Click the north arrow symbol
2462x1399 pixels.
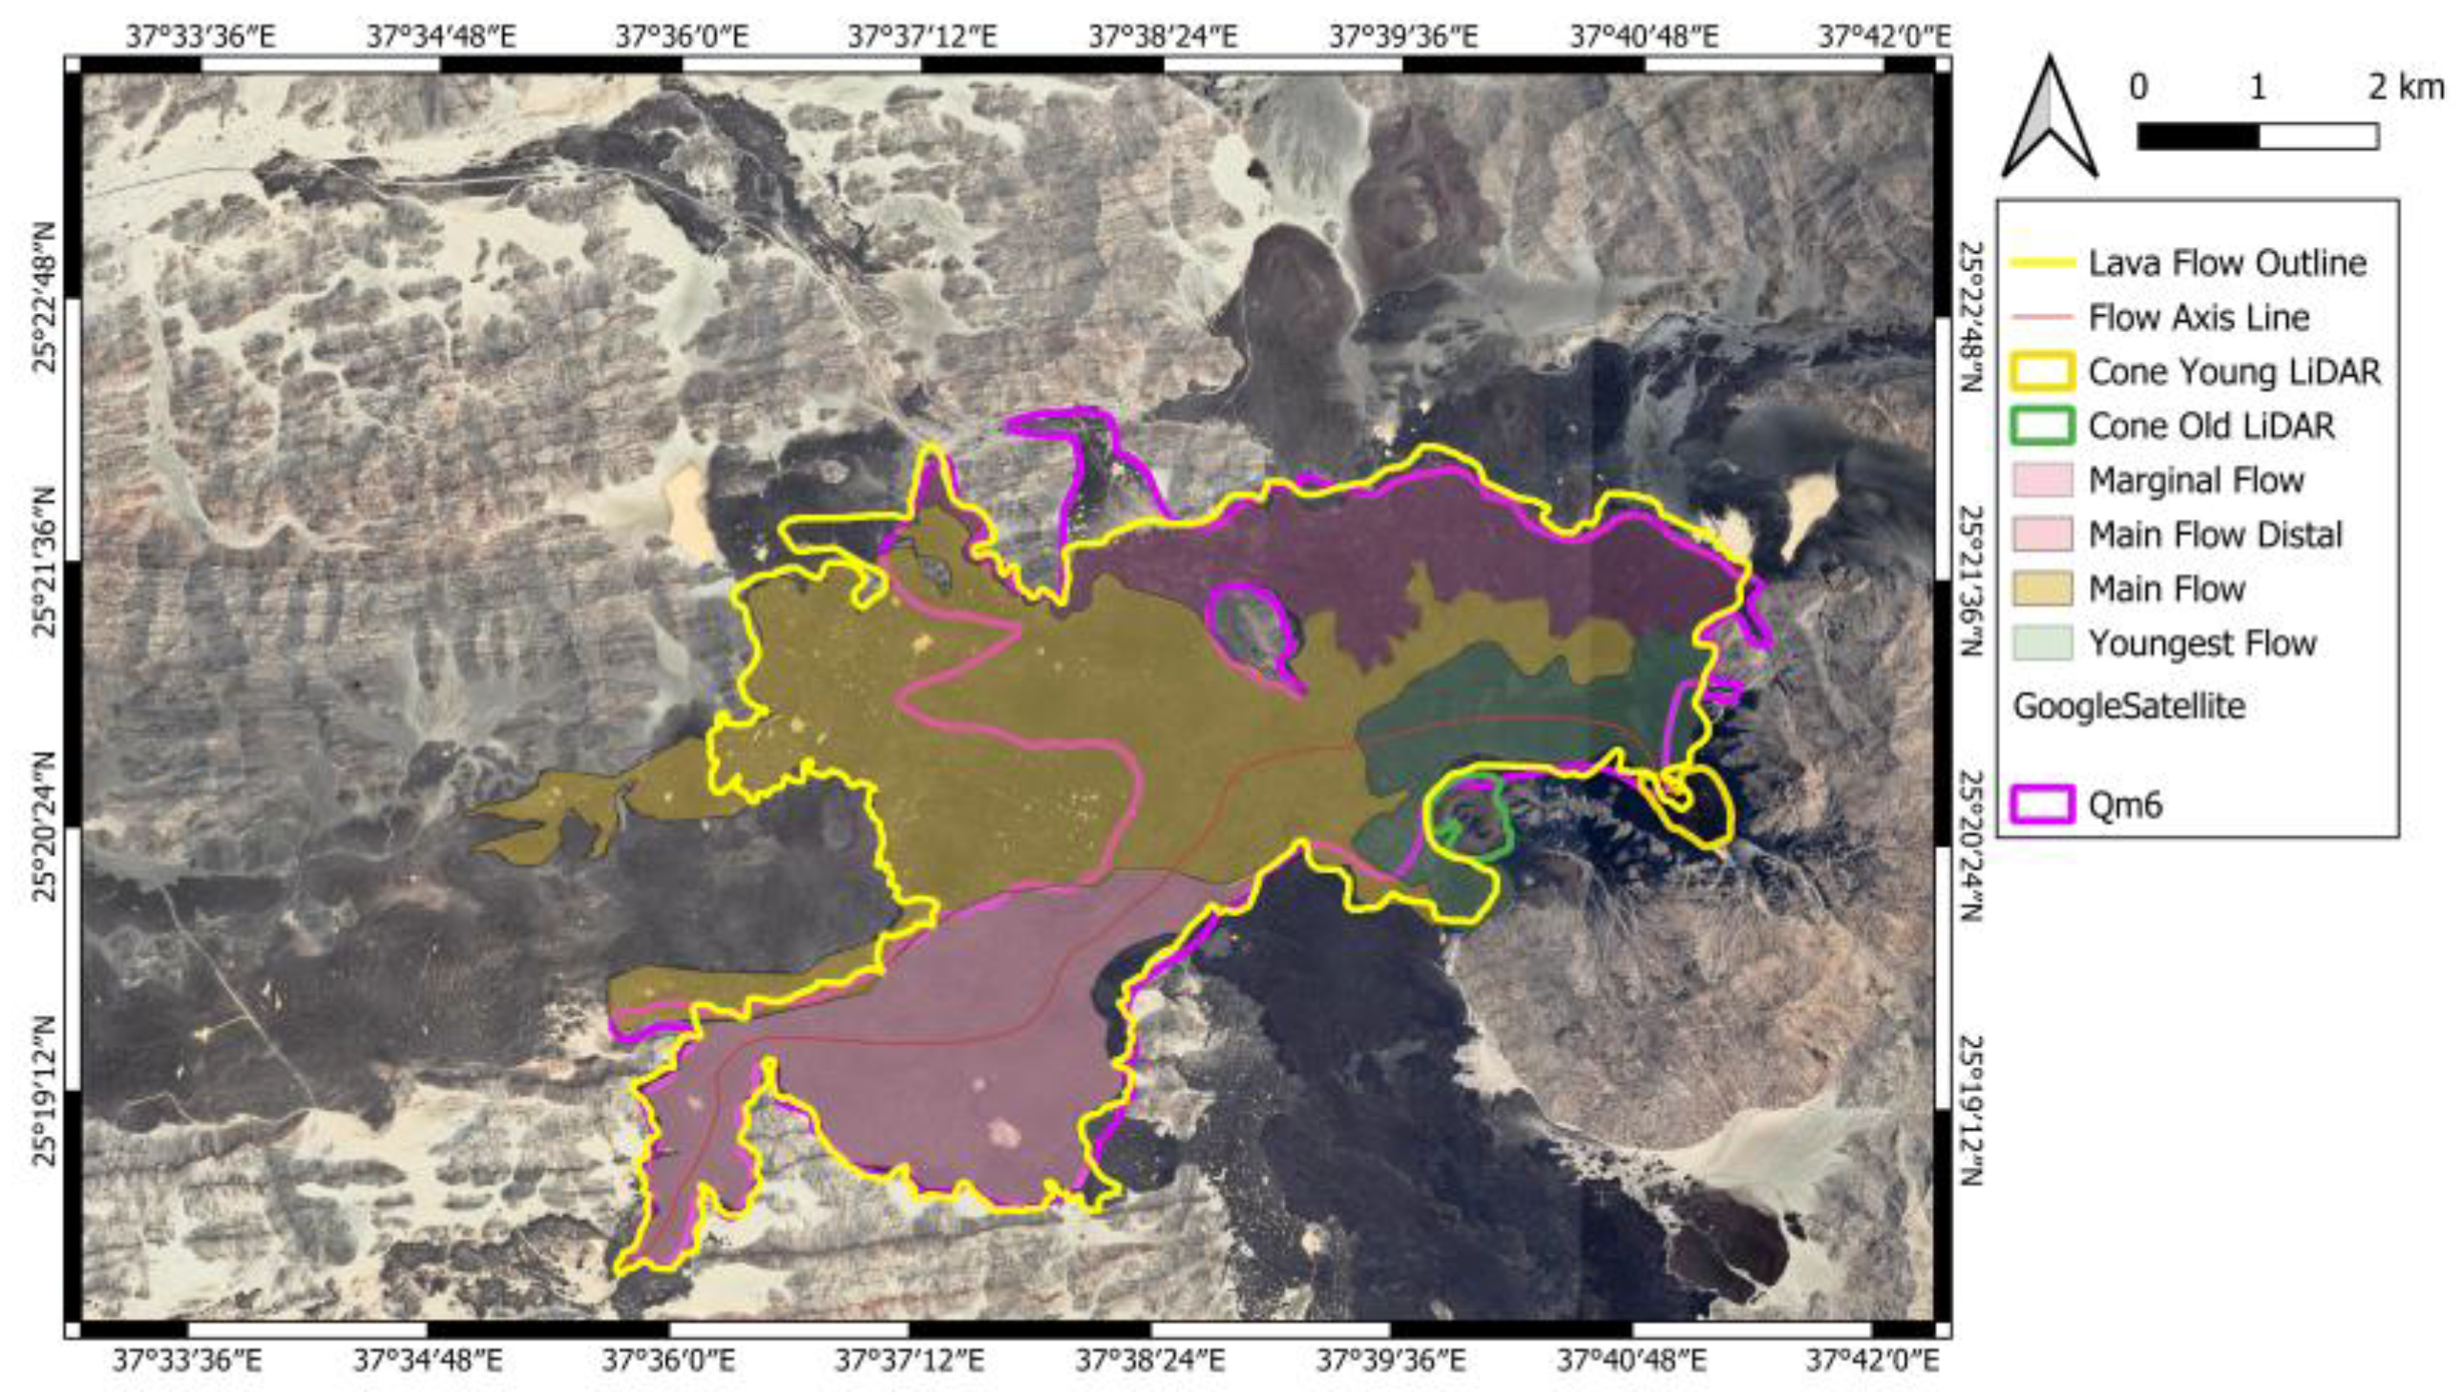tap(2050, 119)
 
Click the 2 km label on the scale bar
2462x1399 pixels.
tap(2406, 88)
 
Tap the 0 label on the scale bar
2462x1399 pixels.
tap(2138, 88)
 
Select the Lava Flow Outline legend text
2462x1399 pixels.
tap(2226, 262)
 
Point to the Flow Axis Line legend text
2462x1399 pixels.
tap(2199, 317)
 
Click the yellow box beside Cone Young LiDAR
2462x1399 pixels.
tap(2042, 372)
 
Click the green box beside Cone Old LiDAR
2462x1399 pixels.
tap(2042, 426)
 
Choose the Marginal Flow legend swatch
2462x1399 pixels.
tap(2042, 480)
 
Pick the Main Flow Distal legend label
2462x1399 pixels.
tap(2215, 534)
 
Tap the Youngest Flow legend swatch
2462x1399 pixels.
tap(2042, 643)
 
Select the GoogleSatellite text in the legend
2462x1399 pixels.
tap(2129, 706)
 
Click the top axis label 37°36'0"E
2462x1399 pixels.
tap(682, 36)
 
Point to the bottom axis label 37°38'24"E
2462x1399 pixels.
tap(1149, 1362)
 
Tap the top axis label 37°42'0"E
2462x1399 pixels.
tap(1884, 36)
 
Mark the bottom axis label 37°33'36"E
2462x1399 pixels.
tap(186, 1362)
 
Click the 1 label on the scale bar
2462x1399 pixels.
tap(2258, 88)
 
